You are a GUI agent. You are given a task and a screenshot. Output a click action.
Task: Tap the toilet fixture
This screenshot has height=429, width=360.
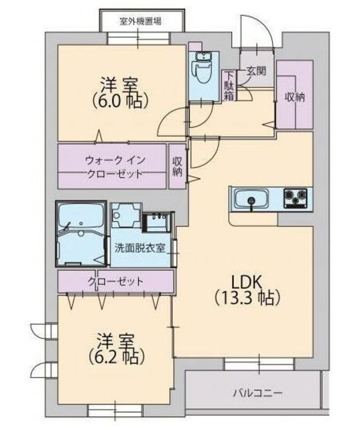200,68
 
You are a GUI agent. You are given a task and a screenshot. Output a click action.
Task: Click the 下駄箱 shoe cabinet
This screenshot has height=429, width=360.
229,85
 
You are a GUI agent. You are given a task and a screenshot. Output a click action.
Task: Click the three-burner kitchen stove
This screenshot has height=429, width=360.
297,199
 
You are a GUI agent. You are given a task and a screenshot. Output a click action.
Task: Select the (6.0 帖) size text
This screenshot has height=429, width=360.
121,101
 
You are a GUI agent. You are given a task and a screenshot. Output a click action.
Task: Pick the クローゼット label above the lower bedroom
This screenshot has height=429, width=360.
116,281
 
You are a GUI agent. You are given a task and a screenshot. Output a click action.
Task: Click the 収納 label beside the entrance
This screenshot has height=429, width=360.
294,97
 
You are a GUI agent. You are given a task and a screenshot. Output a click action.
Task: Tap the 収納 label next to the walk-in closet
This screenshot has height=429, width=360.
177,166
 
